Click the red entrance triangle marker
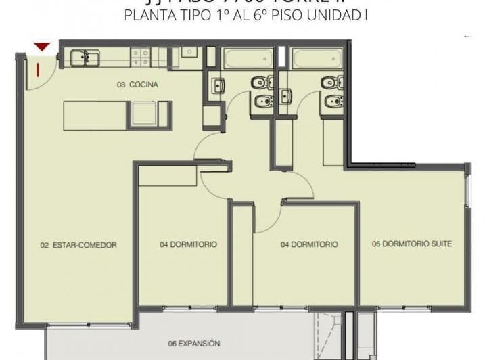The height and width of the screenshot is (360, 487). [x=43, y=47]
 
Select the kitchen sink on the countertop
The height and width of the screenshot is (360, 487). [x=85, y=58]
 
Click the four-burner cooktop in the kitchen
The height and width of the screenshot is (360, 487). [x=141, y=57]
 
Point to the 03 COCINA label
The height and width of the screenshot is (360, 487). [x=137, y=85]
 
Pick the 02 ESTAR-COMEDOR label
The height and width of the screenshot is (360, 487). [x=78, y=245]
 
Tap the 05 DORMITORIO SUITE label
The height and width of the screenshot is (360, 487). [x=412, y=244]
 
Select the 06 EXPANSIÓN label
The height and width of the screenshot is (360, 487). [x=194, y=344]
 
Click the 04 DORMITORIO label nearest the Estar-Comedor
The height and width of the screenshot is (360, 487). [x=189, y=244]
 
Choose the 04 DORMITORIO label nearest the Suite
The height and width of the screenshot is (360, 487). [x=309, y=244]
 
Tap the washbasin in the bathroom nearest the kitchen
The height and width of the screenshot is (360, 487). [x=218, y=86]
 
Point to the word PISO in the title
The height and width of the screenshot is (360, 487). [x=289, y=15]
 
